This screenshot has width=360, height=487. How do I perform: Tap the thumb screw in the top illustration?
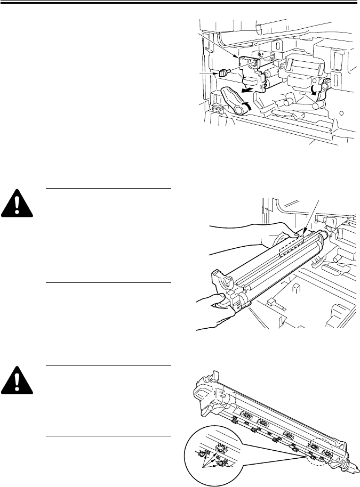223,72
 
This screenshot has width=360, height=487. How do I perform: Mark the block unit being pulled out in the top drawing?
256,75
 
